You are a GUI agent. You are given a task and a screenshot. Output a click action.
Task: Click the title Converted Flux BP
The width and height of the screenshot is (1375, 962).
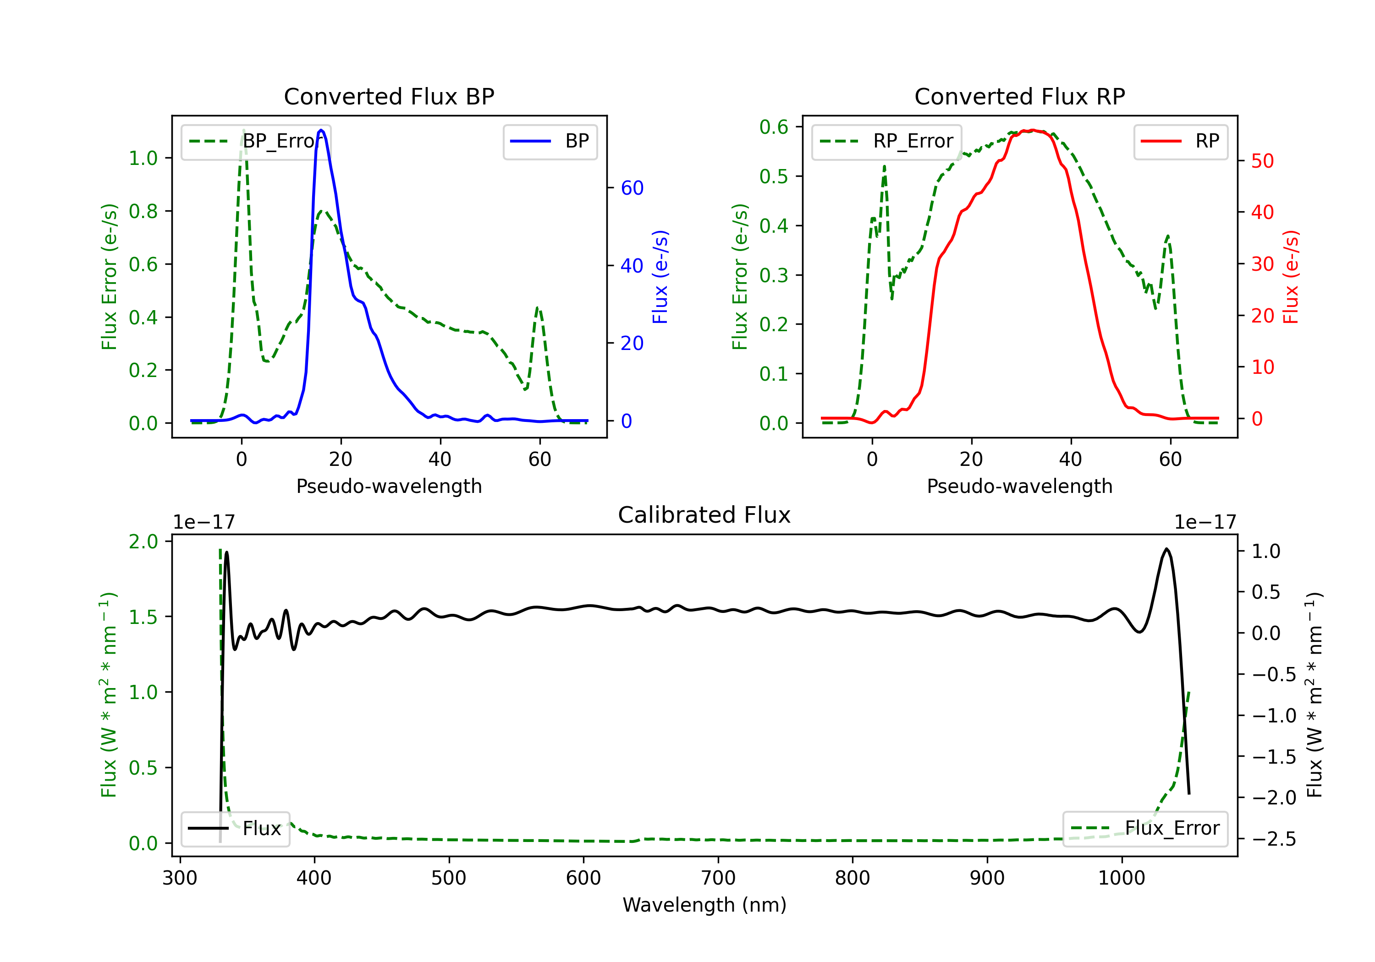pos(389,96)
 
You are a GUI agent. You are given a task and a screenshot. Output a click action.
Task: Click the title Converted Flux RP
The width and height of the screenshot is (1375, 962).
pos(1019,96)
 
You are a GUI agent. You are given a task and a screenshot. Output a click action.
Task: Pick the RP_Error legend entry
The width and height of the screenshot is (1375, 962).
pos(886,141)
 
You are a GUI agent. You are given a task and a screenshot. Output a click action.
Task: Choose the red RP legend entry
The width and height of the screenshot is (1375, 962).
pos(1180,141)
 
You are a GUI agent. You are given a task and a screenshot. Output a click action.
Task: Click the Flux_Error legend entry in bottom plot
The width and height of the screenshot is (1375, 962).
pos(1144,829)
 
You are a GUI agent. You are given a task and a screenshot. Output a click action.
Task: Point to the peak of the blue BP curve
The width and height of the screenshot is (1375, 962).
pos(322,130)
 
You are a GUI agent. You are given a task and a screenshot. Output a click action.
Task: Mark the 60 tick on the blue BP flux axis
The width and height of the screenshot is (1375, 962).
pos(632,188)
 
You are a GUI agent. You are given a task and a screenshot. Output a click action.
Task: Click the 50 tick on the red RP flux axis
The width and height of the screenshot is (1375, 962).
pos(1262,161)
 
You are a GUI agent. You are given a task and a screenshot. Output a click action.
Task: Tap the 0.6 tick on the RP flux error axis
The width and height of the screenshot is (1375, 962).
pos(774,127)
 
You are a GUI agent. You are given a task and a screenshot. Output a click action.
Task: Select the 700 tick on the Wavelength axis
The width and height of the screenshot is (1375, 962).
pos(718,878)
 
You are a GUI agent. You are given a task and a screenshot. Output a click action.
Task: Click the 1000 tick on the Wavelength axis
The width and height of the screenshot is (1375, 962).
pos(1121,878)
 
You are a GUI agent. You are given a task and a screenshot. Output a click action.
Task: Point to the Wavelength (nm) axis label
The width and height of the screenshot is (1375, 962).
pos(704,905)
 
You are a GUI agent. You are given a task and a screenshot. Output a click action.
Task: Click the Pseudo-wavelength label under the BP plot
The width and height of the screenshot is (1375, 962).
pos(389,486)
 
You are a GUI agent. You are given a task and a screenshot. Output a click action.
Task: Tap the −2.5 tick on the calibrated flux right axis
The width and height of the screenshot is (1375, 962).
pos(1274,839)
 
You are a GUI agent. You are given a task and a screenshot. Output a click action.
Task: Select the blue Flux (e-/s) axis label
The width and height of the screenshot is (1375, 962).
pos(660,277)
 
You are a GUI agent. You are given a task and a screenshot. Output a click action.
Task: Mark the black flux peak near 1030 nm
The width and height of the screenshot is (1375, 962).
pos(1166,549)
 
